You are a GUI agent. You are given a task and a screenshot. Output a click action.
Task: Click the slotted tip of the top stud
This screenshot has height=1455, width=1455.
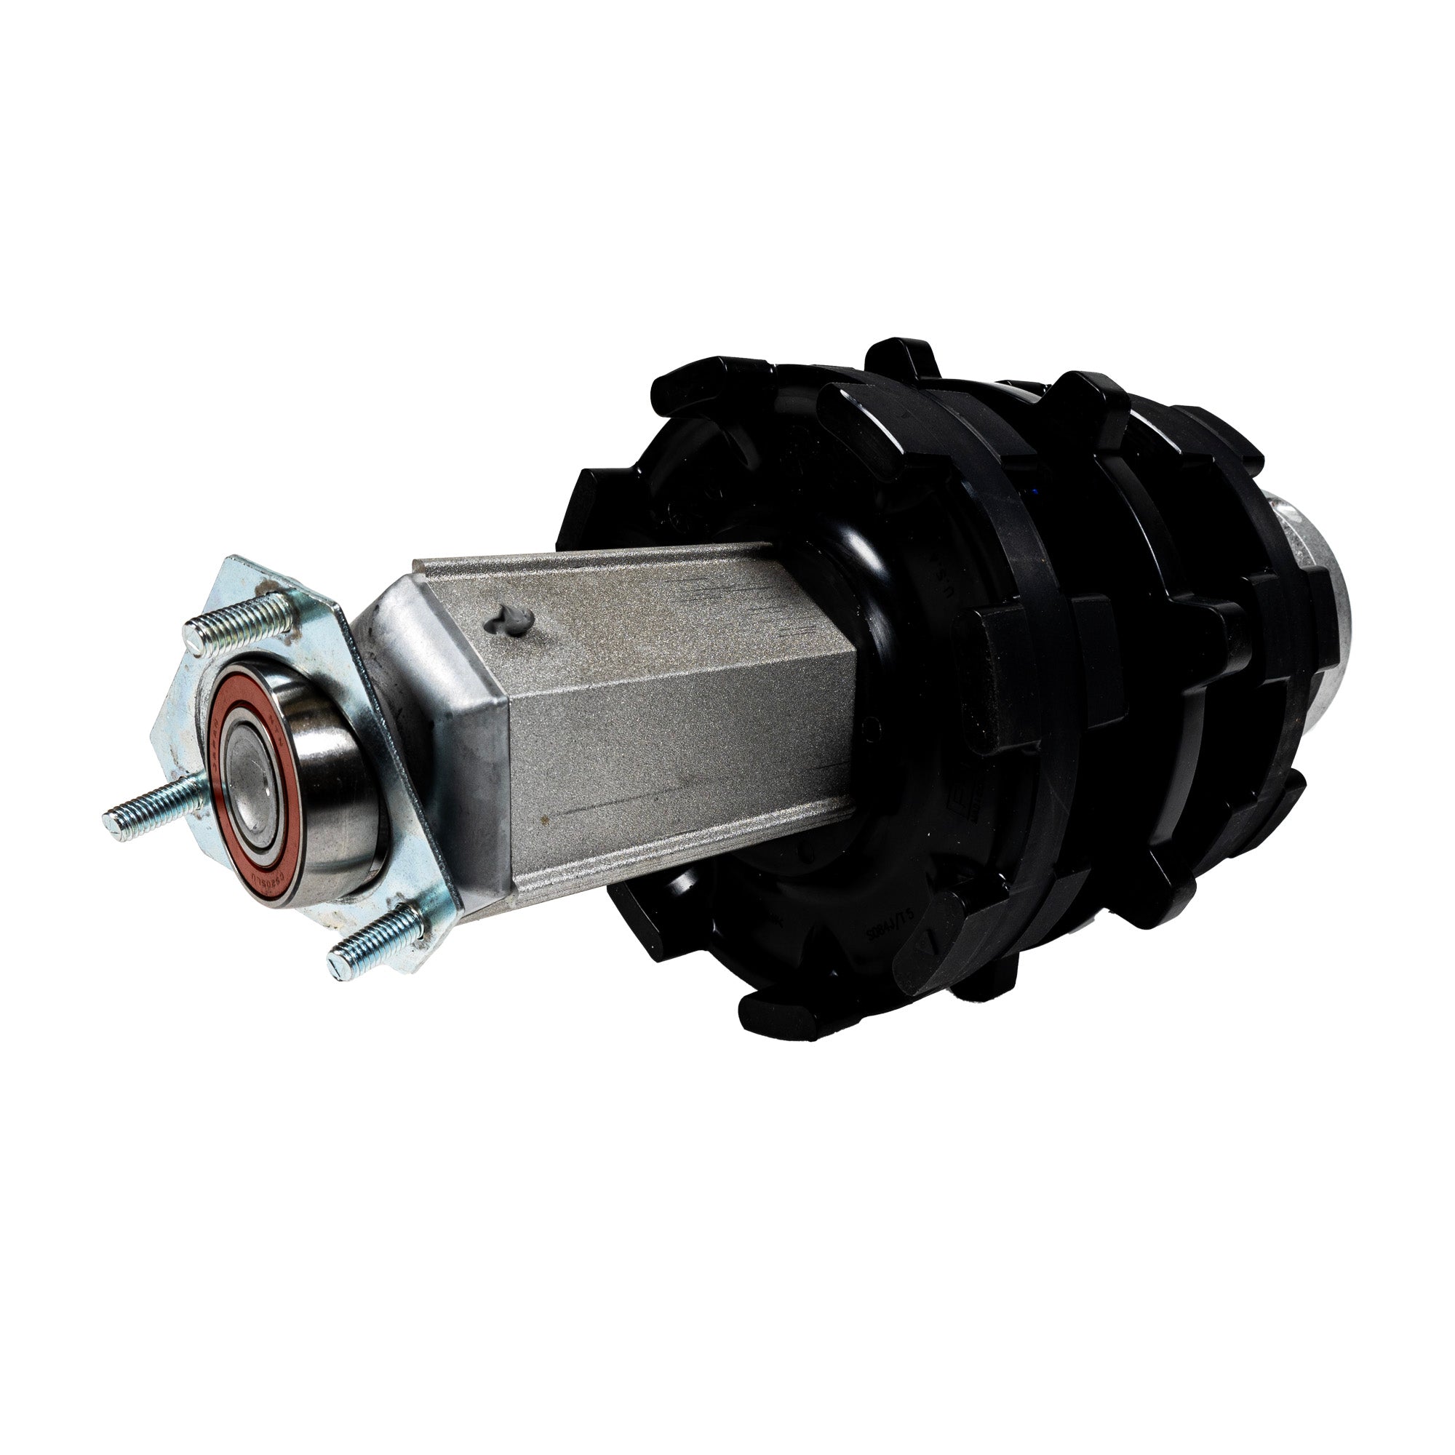(x=193, y=644)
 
